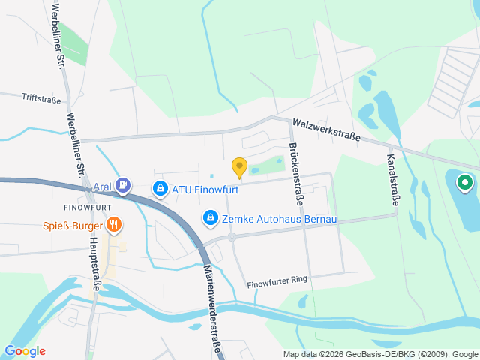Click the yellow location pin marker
pyautogui.click(x=239, y=167)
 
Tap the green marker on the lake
pyautogui.click(x=464, y=181)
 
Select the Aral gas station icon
pyautogui.click(x=123, y=184)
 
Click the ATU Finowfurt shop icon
pyautogui.click(x=160, y=189)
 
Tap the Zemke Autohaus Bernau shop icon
pyautogui.click(x=211, y=217)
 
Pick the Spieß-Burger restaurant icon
pyautogui.click(x=114, y=223)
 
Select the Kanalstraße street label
pyautogui.click(x=392, y=179)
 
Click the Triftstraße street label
pyautogui.click(x=40, y=97)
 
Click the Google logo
pyautogui.click(x=25, y=350)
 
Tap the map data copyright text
pyautogui.click(x=380, y=354)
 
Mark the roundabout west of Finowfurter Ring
pyautogui.click(x=232, y=236)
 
